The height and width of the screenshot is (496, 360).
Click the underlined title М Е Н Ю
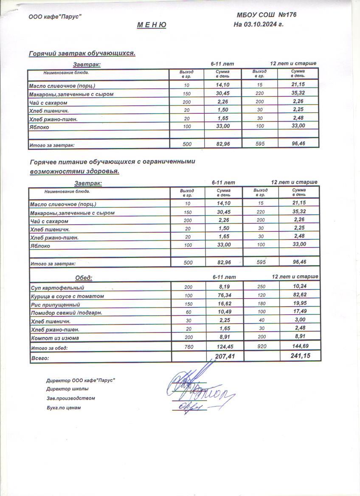point(152,25)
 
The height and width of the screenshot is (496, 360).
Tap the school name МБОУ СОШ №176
point(266,15)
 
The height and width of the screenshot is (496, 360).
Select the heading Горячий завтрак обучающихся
point(82,54)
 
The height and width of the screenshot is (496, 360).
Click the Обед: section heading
point(84,278)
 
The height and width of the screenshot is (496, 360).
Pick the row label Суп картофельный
point(58,288)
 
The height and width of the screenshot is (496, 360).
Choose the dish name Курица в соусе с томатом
point(67,296)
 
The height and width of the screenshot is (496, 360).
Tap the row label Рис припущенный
point(55,304)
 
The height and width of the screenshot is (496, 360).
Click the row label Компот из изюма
point(55,338)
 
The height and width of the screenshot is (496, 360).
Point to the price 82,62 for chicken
point(300,294)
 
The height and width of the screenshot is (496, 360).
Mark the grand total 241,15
point(300,355)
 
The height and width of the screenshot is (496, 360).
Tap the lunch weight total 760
point(188,347)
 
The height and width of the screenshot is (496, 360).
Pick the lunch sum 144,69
point(300,346)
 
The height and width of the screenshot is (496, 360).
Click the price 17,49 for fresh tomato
point(300,311)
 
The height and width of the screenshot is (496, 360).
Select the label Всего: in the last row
point(40,358)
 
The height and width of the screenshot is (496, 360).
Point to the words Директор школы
point(67,389)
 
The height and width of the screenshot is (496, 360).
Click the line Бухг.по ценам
point(63,408)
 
